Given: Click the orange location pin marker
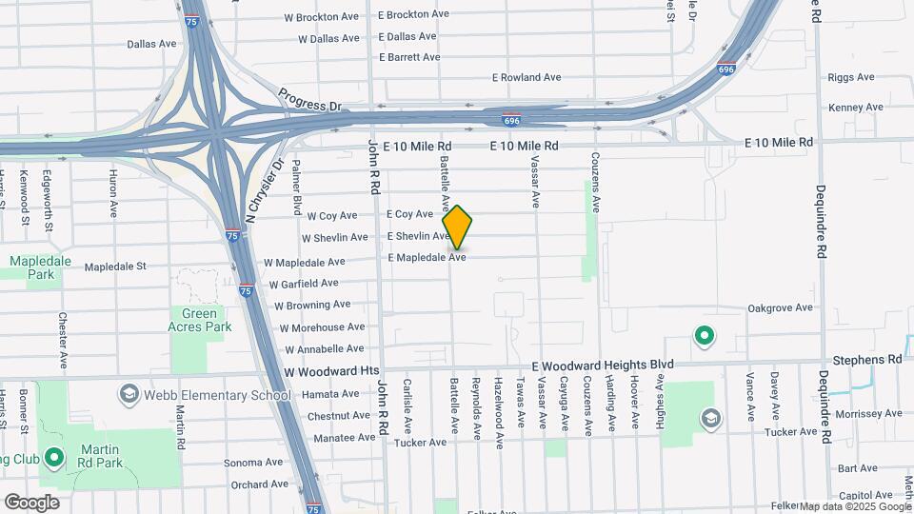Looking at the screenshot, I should pyautogui.click(x=458, y=227).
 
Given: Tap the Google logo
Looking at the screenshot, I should pyautogui.click(x=31, y=503).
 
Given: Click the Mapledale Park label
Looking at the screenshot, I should pyautogui.click(x=34, y=267).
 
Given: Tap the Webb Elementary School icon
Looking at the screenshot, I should pyautogui.click(x=129, y=394).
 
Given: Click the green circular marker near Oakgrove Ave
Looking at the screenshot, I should pyautogui.click(x=704, y=335).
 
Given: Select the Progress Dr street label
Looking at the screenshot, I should pyautogui.click(x=309, y=99).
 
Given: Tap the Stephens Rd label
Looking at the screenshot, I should pyautogui.click(x=866, y=361).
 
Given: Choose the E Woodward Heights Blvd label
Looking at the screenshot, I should pyautogui.click(x=602, y=365).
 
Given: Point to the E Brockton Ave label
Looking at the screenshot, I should pyautogui.click(x=413, y=14).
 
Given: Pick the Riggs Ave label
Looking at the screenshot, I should pyautogui.click(x=851, y=77).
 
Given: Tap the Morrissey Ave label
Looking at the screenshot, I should pyautogui.click(x=867, y=415).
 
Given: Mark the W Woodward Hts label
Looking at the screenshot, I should pyautogui.click(x=331, y=370).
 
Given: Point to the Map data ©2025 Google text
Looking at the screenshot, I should pyautogui.click(x=856, y=506).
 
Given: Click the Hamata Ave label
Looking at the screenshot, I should pyautogui.click(x=332, y=394).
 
